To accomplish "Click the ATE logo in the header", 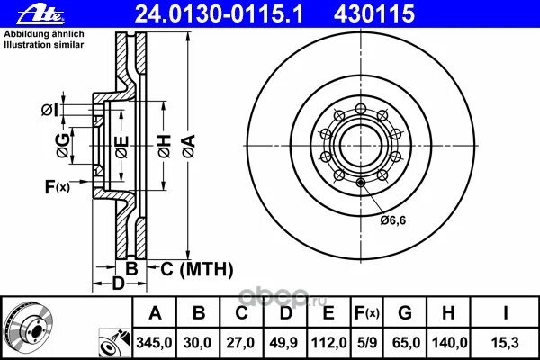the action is point(40,15).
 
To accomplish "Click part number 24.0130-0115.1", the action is point(219,14).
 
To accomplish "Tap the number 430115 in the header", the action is point(374,14).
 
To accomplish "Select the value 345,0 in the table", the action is point(154,343).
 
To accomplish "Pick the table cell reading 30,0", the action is point(197,343).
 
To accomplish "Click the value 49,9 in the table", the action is point(283,343).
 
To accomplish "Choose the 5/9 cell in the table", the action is point(367,343).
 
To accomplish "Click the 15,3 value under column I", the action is point(505,343).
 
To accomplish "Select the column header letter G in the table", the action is point(405,313).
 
